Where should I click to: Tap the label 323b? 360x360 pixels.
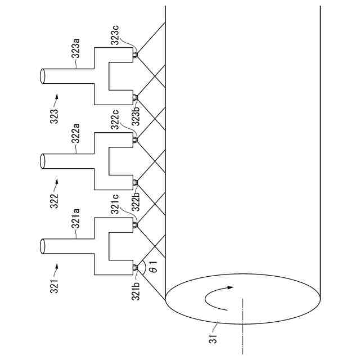click(136, 118)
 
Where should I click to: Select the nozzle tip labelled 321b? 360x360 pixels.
click(136, 268)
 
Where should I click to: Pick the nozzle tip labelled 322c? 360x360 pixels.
click(136, 139)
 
